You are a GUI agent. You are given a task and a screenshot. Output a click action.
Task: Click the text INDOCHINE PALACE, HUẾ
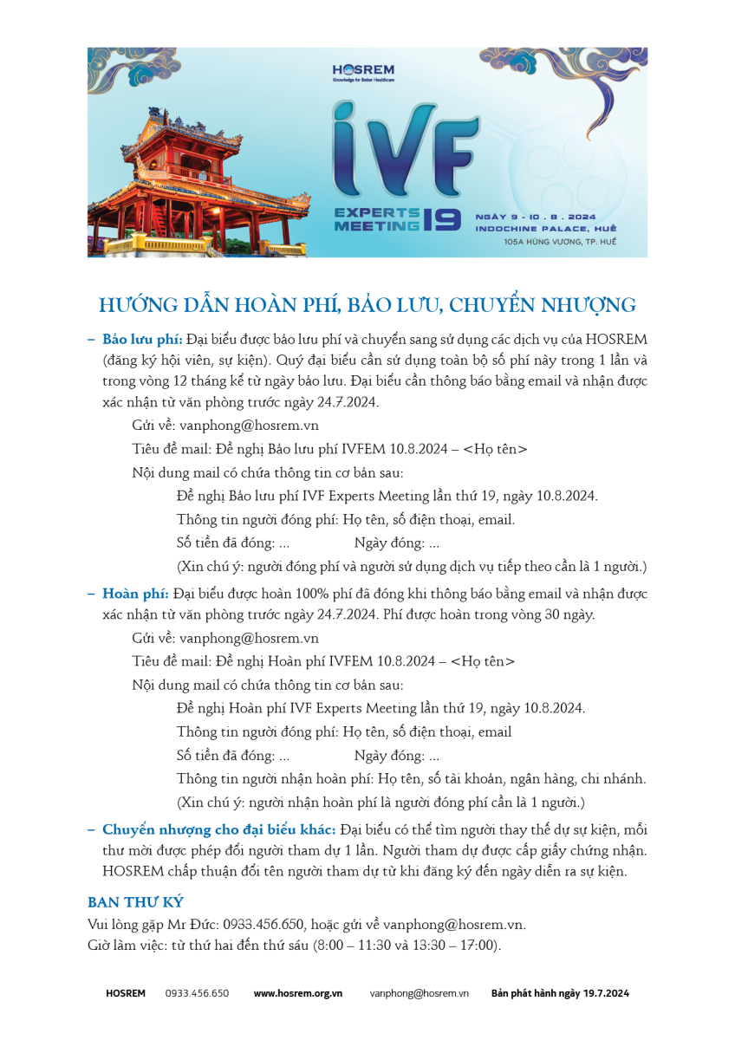[x=546, y=228]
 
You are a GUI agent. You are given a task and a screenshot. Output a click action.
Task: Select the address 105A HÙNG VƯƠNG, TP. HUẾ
[x=560, y=242]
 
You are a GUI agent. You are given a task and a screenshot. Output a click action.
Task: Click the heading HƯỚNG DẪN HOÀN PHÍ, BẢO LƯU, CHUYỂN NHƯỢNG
[x=367, y=305]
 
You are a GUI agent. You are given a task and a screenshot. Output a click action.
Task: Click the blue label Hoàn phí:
[x=135, y=594]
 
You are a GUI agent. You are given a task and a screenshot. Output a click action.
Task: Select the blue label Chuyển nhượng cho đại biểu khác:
[x=219, y=829]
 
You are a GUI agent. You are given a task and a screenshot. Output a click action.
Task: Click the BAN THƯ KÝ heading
[x=135, y=902]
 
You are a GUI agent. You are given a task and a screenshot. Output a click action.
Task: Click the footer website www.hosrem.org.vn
[x=297, y=993]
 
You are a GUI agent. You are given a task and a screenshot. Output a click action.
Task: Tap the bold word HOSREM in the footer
[x=126, y=993]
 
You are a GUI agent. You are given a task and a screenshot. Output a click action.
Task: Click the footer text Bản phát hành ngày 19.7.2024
[x=560, y=993]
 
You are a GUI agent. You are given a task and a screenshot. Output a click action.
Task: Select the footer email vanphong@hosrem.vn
[x=419, y=993]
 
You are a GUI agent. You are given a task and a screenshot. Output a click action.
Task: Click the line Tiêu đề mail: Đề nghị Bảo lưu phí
[x=329, y=449]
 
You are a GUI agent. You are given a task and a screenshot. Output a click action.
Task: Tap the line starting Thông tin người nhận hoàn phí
[x=411, y=778]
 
